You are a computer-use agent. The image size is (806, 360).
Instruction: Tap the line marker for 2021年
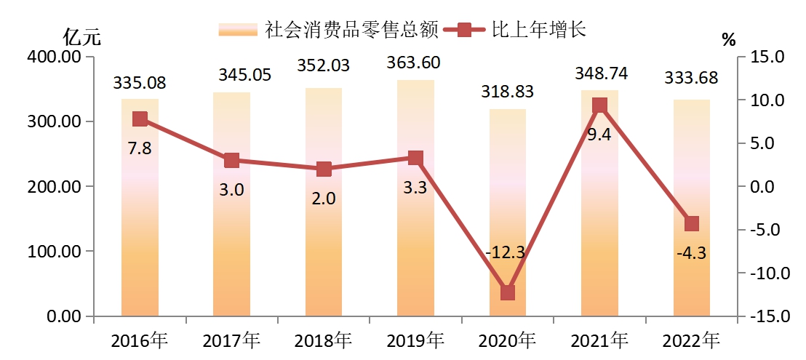tap(599, 105)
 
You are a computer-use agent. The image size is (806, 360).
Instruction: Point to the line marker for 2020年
tap(508, 292)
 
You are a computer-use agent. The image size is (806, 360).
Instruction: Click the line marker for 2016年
tap(140, 119)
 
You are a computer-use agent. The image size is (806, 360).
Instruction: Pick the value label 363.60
tap(415, 63)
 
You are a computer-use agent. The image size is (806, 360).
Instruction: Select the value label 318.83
tap(508, 92)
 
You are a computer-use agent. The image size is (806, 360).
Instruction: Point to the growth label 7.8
tap(140, 148)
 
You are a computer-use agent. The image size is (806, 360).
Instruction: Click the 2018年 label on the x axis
tap(324, 340)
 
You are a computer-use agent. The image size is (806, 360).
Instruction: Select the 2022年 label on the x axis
tap(691, 340)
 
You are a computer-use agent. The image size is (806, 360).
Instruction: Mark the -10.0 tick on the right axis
tap(764, 273)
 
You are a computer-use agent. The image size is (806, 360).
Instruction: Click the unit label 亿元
tap(79, 36)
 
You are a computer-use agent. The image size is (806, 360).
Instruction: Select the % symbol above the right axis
tap(728, 41)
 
